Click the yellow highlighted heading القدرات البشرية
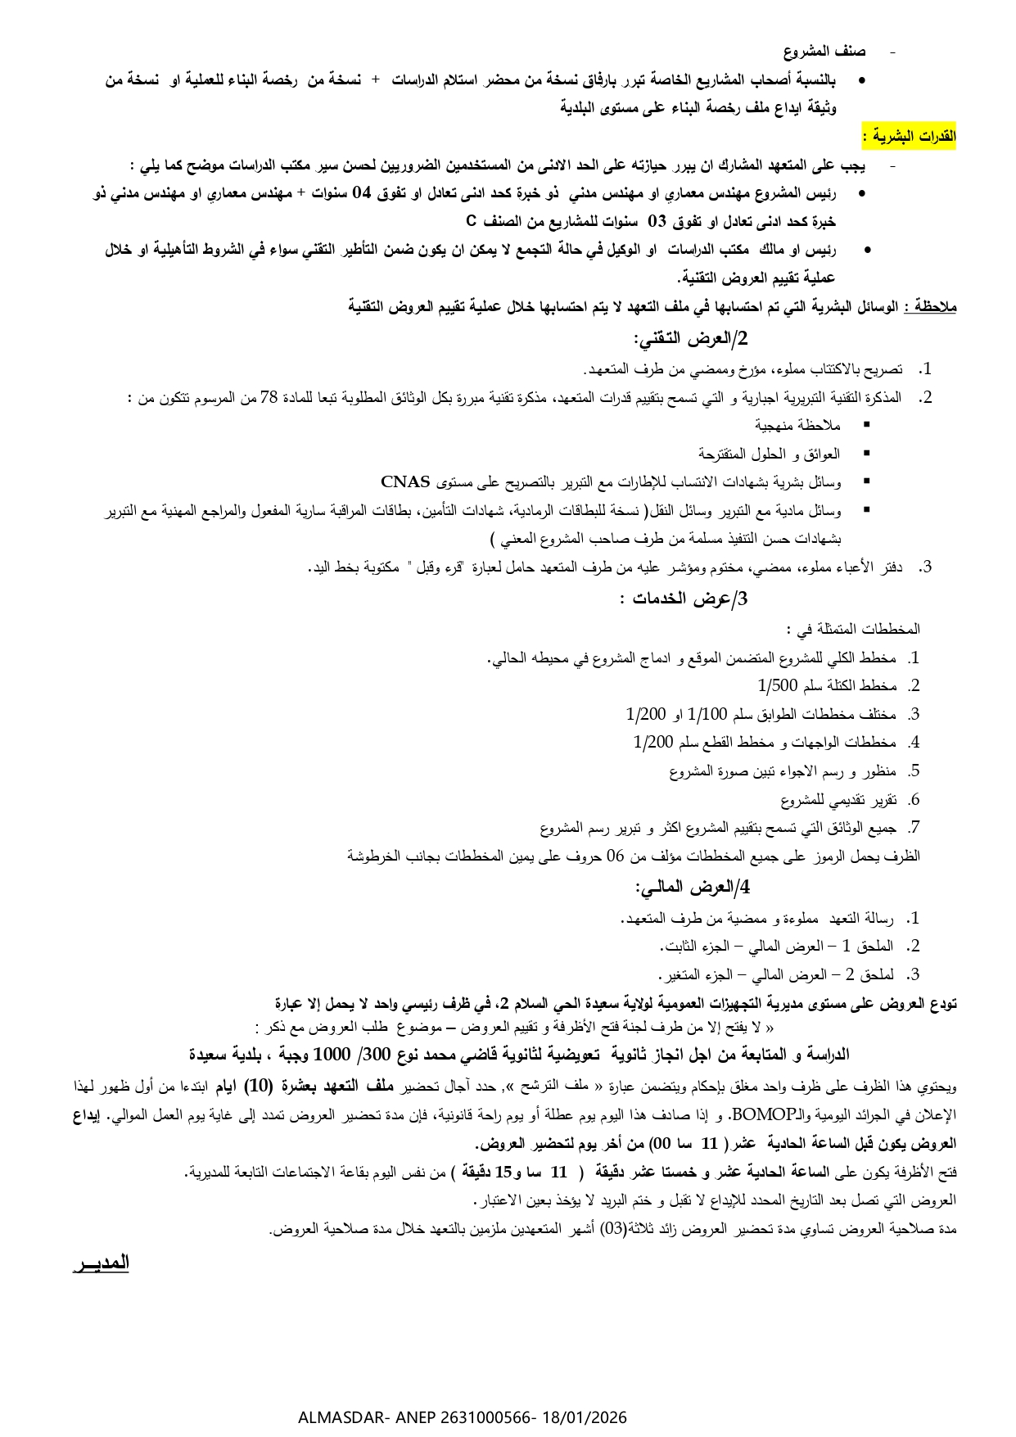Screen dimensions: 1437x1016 (909, 136)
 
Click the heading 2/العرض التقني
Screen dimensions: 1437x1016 (691, 339)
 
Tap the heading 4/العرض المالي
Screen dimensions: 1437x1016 (693, 888)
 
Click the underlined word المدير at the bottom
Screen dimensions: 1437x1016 (101, 1262)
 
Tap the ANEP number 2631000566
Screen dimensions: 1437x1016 (485, 1417)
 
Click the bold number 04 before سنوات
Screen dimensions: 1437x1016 (361, 194)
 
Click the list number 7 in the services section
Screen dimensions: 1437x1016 (914, 827)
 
